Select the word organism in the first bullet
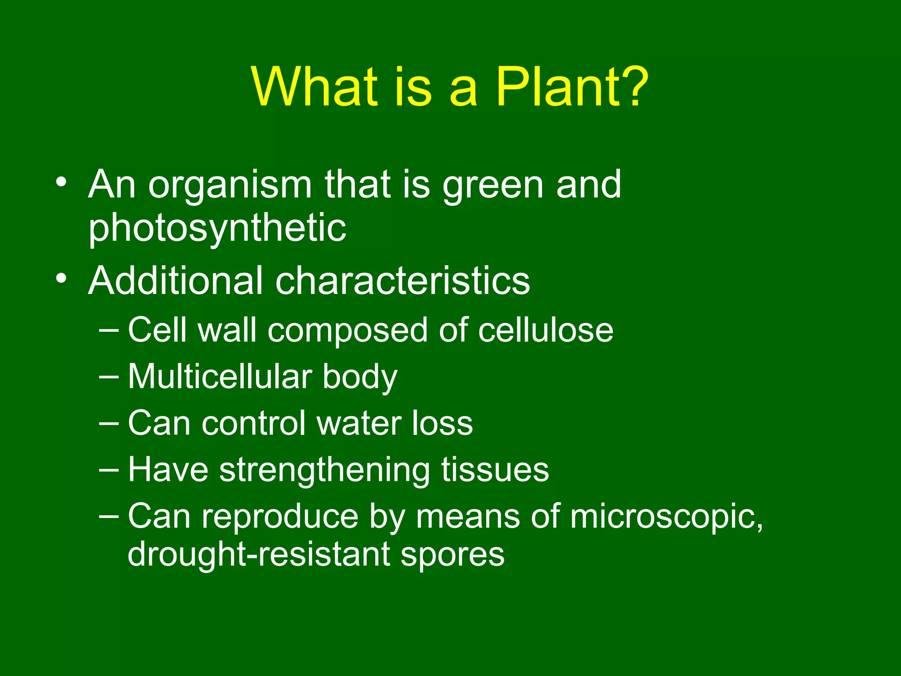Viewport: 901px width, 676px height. [x=230, y=185]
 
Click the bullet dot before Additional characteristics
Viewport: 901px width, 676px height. [x=61, y=278]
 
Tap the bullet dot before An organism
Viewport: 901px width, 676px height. [x=61, y=182]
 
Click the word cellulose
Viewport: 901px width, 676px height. [x=546, y=330]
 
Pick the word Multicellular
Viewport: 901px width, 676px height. [x=220, y=377]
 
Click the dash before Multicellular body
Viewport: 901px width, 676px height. [x=109, y=377]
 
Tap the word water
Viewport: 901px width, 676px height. [x=359, y=423]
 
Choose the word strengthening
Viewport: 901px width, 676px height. [x=324, y=470]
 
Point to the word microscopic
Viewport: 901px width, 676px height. [x=666, y=517]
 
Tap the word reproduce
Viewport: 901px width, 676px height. [x=280, y=517]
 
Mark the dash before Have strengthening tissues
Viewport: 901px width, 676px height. [x=109, y=470]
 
